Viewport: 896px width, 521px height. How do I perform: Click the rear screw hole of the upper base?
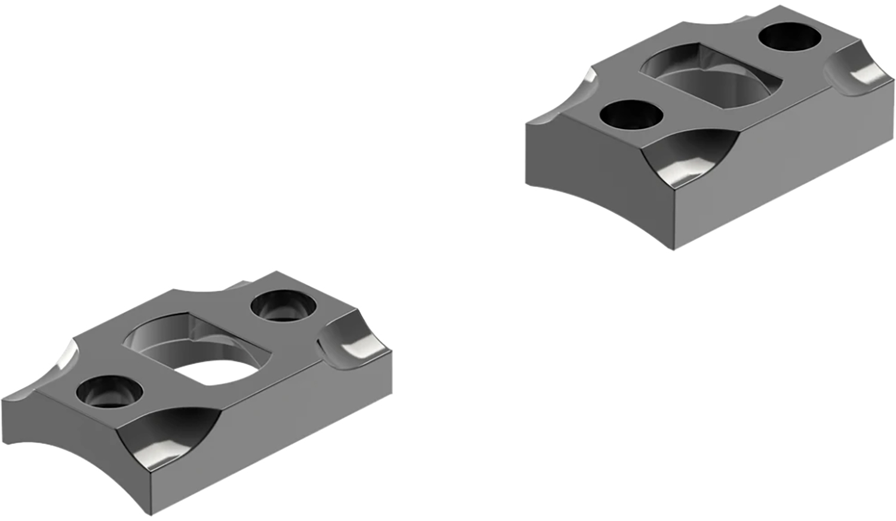point(789,36)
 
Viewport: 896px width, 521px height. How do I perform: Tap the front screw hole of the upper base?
point(631,115)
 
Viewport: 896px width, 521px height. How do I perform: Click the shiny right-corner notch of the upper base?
point(859,70)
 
